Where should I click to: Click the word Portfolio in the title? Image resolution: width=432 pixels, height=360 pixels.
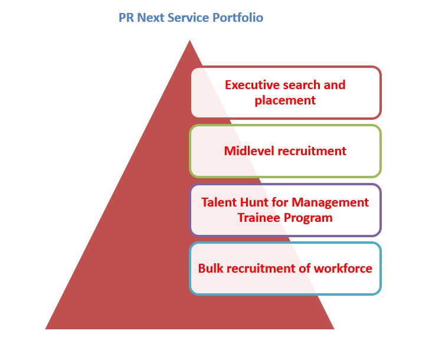pyautogui.click(x=238, y=18)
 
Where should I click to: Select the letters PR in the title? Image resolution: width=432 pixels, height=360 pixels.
pyautogui.click(x=126, y=18)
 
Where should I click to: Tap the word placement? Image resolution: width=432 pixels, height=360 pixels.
pyautogui.click(x=285, y=100)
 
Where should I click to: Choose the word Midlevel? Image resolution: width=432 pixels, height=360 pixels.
pyautogui.click(x=249, y=151)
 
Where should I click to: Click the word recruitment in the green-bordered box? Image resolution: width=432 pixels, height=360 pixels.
pyautogui.click(x=312, y=151)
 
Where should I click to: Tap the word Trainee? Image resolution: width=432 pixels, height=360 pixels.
pyautogui.click(x=259, y=218)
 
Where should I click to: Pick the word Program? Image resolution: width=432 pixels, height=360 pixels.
pyautogui.click(x=308, y=218)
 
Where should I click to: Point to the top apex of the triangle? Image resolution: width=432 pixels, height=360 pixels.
pyautogui.click(x=189, y=40)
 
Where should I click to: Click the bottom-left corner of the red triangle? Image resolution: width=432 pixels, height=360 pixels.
pyautogui.click(x=45, y=329)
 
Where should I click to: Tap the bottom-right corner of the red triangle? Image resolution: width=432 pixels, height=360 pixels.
pyautogui.click(x=334, y=329)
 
